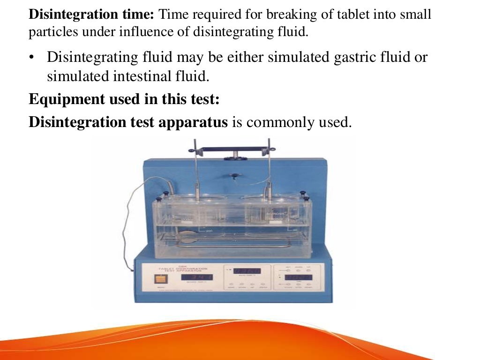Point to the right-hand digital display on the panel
tap(297, 277)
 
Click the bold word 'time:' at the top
tap(137, 15)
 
